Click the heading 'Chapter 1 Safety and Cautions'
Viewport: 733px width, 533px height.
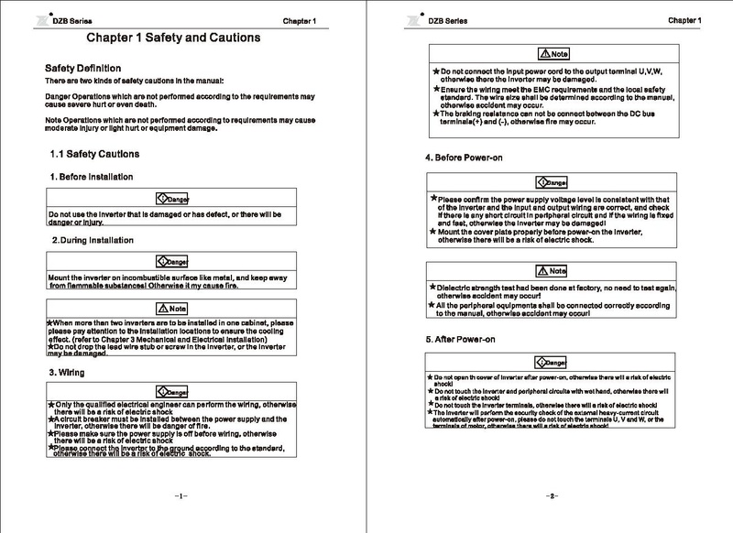coord(172,38)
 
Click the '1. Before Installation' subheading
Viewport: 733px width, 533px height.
coord(92,176)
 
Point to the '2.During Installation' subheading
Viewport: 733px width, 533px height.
coord(93,240)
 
